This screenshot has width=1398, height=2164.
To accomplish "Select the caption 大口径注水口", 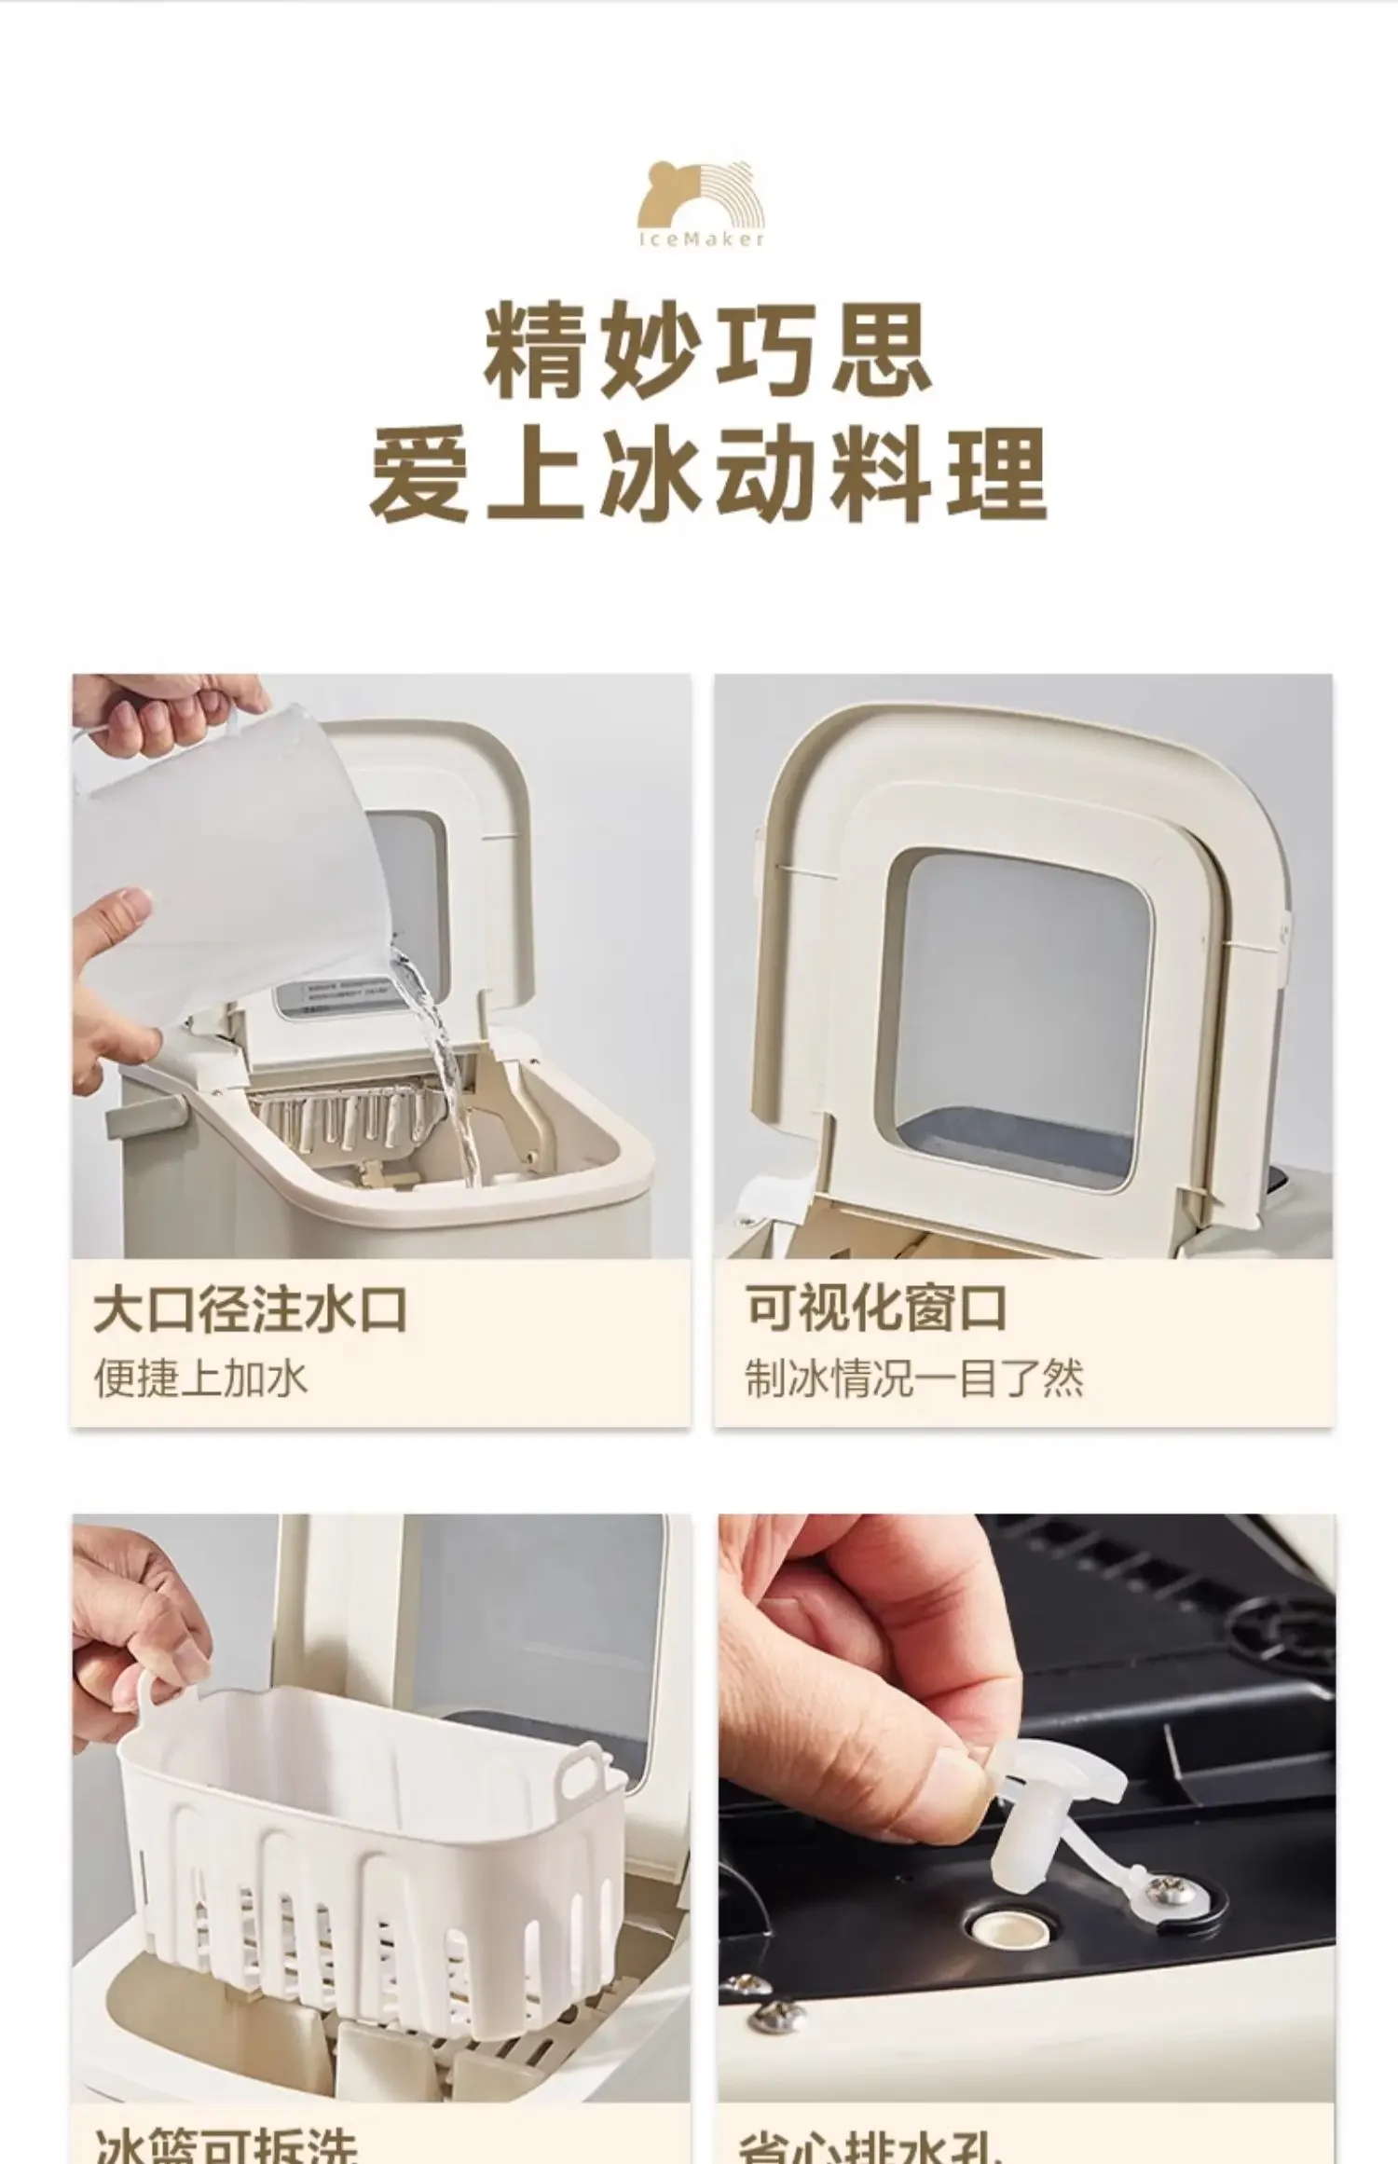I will [250, 1308].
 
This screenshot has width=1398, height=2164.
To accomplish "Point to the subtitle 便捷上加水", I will [199, 1377].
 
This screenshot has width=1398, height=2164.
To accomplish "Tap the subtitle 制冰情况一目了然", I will [913, 1377].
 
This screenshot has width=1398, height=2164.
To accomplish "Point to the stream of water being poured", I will [447, 1072].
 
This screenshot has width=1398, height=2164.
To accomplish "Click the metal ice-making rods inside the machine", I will [345, 1118].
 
